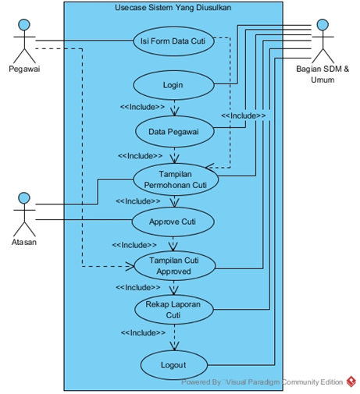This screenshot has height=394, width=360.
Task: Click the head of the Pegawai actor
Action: pos(24,25)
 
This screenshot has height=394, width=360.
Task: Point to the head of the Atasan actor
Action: pos(24,198)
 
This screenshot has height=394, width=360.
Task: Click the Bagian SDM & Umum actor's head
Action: pos(323,25)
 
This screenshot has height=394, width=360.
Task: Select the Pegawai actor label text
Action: pos(24,69)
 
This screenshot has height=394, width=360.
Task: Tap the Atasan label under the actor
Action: pos(24,242)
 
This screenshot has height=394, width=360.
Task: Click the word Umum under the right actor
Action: pos(323,80)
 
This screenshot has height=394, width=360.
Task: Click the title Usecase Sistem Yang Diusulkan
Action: pos(173,8)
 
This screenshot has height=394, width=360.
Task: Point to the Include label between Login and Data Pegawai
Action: pos(142,107)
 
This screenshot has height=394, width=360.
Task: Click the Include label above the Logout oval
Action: pos(143,332)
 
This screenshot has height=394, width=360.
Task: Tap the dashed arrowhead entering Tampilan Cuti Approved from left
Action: pos(130,266)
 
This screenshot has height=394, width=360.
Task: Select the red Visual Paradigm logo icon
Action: pos(351,382)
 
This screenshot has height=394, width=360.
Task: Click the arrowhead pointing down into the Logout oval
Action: pos(174,346)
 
